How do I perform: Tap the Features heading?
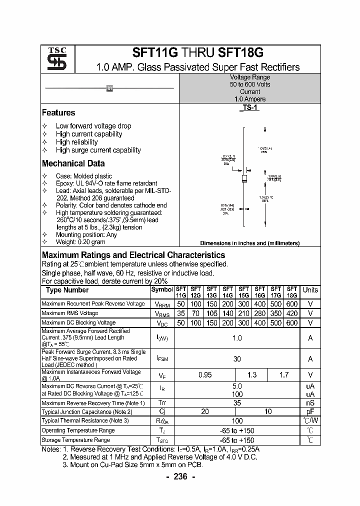click(58, 113)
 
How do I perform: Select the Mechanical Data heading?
click(73, 163)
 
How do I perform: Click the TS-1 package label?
click(250, 107)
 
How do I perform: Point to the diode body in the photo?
click(109, 88)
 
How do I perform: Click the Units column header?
click(310, 290)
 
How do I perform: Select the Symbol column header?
click(161, 289)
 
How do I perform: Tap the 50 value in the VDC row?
click(180, 323)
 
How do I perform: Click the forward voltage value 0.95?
click(205, 375)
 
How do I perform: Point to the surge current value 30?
click(237, 358)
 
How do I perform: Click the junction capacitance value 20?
click(205, 411)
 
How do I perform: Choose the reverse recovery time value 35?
click(237, 402)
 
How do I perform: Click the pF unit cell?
click(310, 411)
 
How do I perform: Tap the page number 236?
click(180, 477)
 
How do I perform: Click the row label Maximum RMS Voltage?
click(70, 313)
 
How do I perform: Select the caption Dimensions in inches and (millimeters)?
click(249, 243)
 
